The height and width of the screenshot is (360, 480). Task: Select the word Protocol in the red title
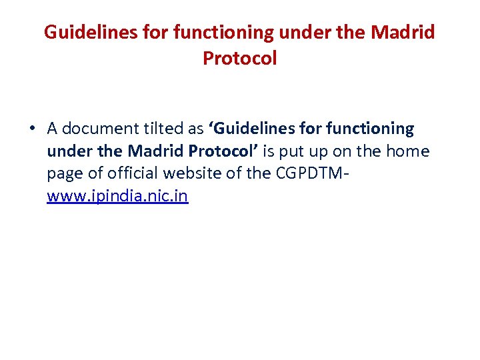pos(239,59)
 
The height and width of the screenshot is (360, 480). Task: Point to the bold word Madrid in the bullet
pos(156,151)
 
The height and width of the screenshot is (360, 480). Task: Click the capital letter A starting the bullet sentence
pos(52,128)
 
